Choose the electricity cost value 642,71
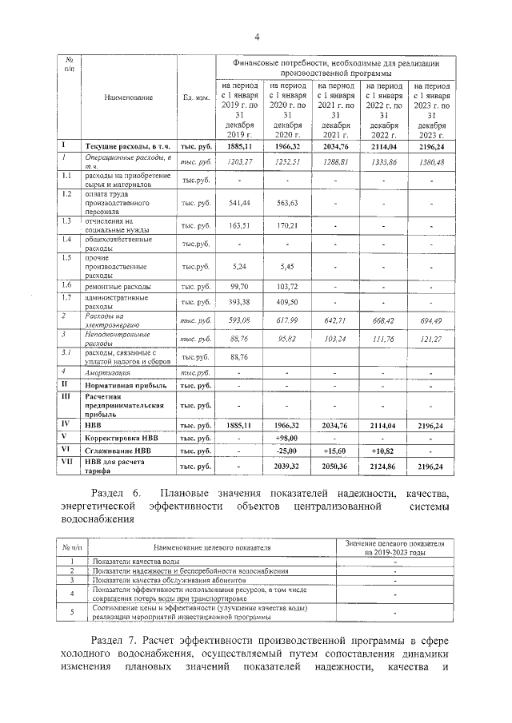pyautogui.click(x=334, y=320)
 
